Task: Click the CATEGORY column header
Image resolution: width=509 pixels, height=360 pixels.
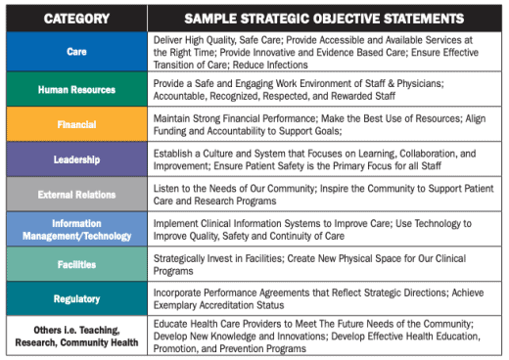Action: (x=76, y=18)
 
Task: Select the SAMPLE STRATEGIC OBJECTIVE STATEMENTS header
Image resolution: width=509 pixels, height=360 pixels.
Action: (x=325, y=18)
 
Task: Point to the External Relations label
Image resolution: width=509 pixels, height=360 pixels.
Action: (x=76, y=196)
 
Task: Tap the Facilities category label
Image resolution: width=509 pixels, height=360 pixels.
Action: (x=76, y=265)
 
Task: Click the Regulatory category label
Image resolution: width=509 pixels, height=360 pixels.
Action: (x=76, y=299)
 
